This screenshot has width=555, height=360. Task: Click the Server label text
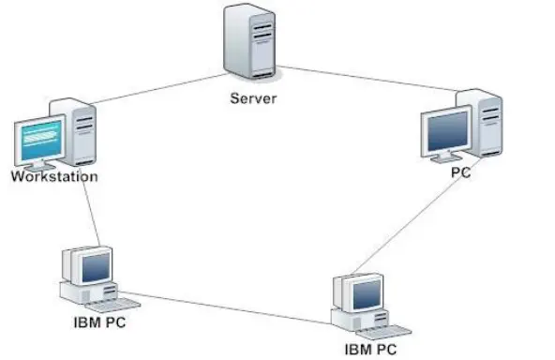[253, 98]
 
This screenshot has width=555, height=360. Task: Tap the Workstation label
[54, 176]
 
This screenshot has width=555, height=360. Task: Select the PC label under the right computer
[461, 172]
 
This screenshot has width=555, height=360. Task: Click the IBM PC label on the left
[99, 322]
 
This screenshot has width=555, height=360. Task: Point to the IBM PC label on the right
[370, 350]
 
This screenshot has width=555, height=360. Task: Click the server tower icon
[250, 41]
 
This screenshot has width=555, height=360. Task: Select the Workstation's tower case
[79, 131]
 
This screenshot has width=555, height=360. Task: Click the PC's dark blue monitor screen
[447, 131]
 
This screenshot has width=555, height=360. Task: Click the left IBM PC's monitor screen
[97, 267]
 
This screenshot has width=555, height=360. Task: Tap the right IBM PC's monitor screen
[367, 294]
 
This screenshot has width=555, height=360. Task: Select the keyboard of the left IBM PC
[112, 305]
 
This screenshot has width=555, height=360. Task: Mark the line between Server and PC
[367, 79]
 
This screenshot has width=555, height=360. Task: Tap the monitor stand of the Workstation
[38, 166]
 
